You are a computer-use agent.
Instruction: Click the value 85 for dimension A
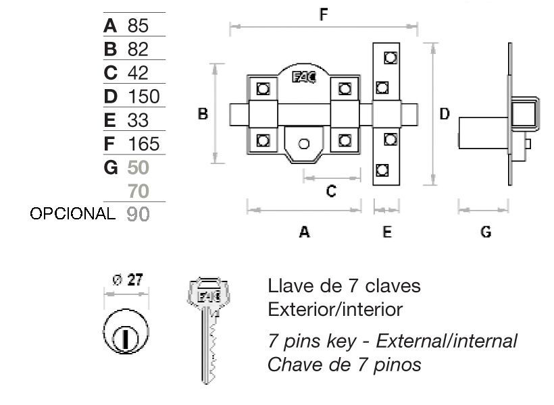click(x=138, y=26)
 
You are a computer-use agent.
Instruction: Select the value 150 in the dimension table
click(x=144, y=97)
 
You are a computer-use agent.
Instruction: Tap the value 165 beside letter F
click(x=144, y=144)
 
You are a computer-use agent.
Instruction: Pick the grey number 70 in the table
click(x=138, y=191)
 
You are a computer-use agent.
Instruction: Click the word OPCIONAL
click(x=72, y=213)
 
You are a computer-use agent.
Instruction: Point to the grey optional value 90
click(x=138, y=214)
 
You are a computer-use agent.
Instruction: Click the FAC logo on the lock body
click(x=304, y=78)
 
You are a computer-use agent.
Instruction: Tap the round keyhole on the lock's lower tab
click(x=304, y=144)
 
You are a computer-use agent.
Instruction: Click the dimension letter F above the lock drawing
click(x=324, y=15)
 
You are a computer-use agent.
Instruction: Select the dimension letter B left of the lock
click(x=203, y=113)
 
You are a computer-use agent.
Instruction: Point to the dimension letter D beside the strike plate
click(x=445, y=113)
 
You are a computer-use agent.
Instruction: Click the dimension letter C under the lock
click(x=331, y=191)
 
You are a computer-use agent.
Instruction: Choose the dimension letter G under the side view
click(x=486, y=232)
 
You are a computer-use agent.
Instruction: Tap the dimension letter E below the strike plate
click(x=387, y=232)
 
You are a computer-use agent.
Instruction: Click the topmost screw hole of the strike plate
click(x=391, y=57)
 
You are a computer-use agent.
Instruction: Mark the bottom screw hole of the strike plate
click(x=382, y=170)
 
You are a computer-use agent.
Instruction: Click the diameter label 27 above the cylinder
click(x=135, y=279)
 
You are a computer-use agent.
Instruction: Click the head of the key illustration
click(x=209, y=293)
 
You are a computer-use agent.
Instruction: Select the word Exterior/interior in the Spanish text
click(x=335, y=309)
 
